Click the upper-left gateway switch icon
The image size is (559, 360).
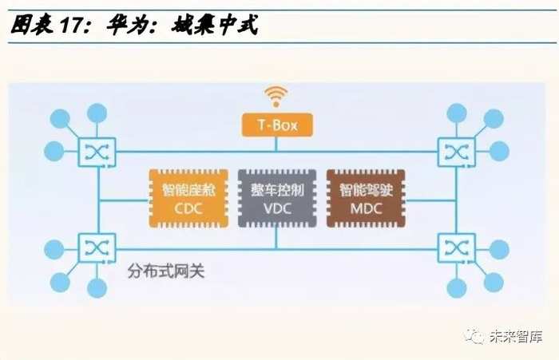tap(97, 150)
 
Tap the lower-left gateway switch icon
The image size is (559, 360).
tap(97, 249)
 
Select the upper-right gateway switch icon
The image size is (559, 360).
tap(456, 150)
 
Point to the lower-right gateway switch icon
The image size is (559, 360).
tap(456, 249)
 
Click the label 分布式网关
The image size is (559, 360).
tap(166, 271)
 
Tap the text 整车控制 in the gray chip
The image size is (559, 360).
tap(276, 190)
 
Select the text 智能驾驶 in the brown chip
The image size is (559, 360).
tap(365, 190)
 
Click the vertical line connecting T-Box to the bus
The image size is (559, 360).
tap(277, 143)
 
